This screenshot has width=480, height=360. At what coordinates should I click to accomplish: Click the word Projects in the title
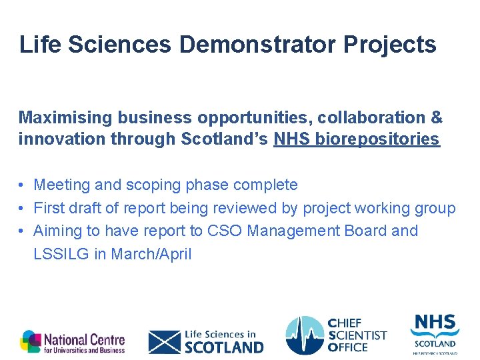click(x=390, y=45)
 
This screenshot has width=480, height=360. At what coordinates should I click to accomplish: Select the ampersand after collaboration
click(x=437, y=118)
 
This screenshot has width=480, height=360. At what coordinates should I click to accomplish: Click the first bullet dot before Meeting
click(x=22, y=185)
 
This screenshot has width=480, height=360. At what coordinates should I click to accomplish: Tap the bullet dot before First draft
click(x=22, y=208)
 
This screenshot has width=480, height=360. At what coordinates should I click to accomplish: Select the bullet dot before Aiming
click(x=22, y=231)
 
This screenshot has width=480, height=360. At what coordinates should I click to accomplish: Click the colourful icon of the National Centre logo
click(x=30, y=341)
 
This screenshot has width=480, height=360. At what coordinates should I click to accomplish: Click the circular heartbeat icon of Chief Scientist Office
click(x=305, y=335)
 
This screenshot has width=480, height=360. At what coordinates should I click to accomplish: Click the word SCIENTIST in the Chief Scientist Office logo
click(x=357, y=335)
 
